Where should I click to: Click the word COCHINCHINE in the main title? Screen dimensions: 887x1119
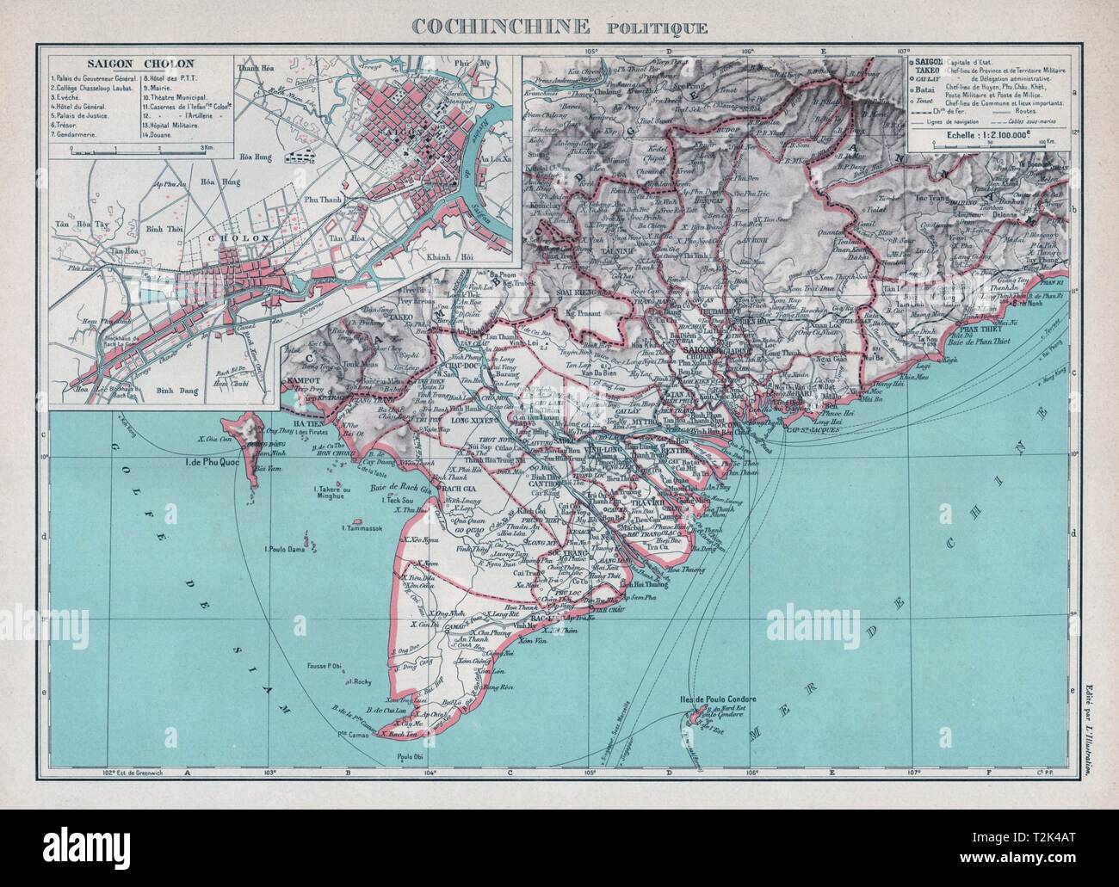498,25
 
